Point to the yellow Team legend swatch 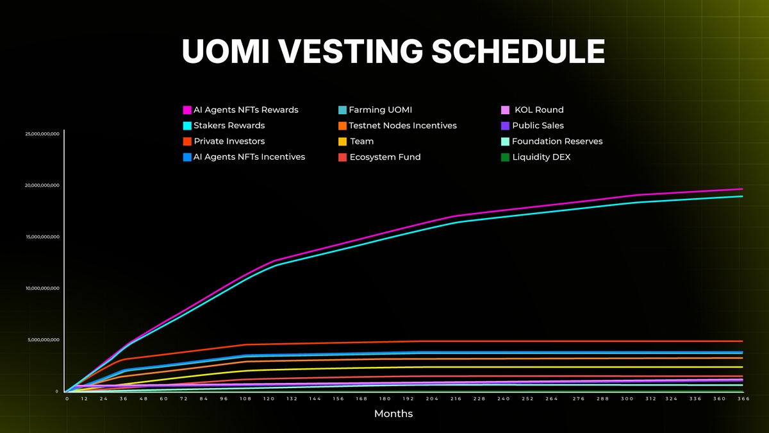click(343, 141)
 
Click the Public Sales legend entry click(538, 126)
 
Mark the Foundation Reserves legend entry click(557, 141)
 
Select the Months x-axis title click(393, 414)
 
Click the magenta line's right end click(742, 189)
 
